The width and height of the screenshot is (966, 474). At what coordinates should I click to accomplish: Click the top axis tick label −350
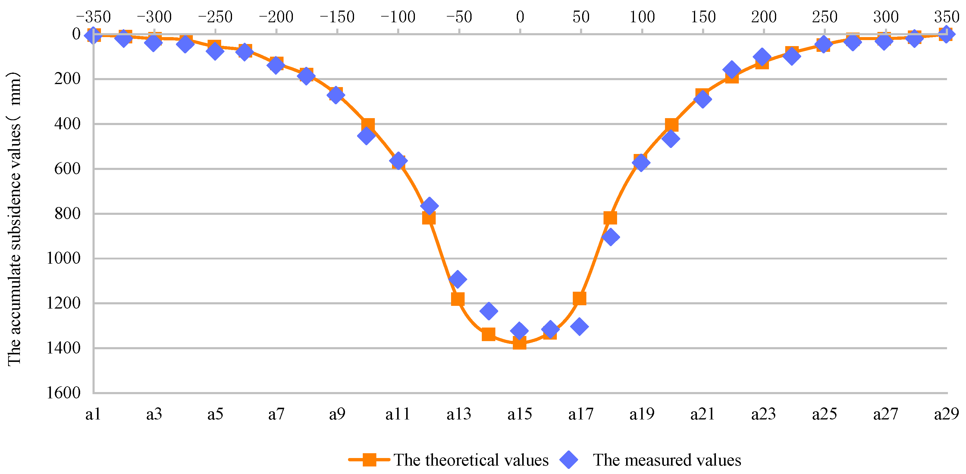[93, 17]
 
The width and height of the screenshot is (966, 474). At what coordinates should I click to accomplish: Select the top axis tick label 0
[520, 17]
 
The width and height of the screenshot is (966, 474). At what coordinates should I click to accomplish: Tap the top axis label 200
[764, 17]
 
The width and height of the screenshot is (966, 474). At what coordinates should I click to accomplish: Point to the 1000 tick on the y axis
[63, 258]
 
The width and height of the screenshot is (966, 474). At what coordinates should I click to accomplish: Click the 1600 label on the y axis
[63, 393]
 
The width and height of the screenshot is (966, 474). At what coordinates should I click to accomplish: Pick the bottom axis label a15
[520, 414]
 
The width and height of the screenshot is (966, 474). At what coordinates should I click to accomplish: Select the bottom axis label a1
[93, 414]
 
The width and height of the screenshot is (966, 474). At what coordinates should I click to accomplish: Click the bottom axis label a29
[946, 414]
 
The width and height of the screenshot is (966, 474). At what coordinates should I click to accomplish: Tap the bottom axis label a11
[398, 414]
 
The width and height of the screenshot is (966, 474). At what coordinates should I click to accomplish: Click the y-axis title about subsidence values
[14, 219]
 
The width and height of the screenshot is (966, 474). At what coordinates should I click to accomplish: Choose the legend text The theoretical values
[471, 460]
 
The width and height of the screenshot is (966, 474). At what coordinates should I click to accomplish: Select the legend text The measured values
[667, 460]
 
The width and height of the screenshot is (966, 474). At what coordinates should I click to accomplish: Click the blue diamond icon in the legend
[569, 460]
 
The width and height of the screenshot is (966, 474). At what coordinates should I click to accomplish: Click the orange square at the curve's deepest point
[519, 342]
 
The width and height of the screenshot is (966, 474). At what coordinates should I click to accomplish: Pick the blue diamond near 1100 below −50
[457, 279]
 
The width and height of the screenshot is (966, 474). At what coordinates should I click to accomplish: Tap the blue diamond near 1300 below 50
[579, 326]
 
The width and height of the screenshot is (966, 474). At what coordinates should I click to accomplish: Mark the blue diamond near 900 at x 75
[610, 237]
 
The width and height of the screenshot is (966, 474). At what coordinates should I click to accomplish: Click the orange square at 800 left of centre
[429, 218]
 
